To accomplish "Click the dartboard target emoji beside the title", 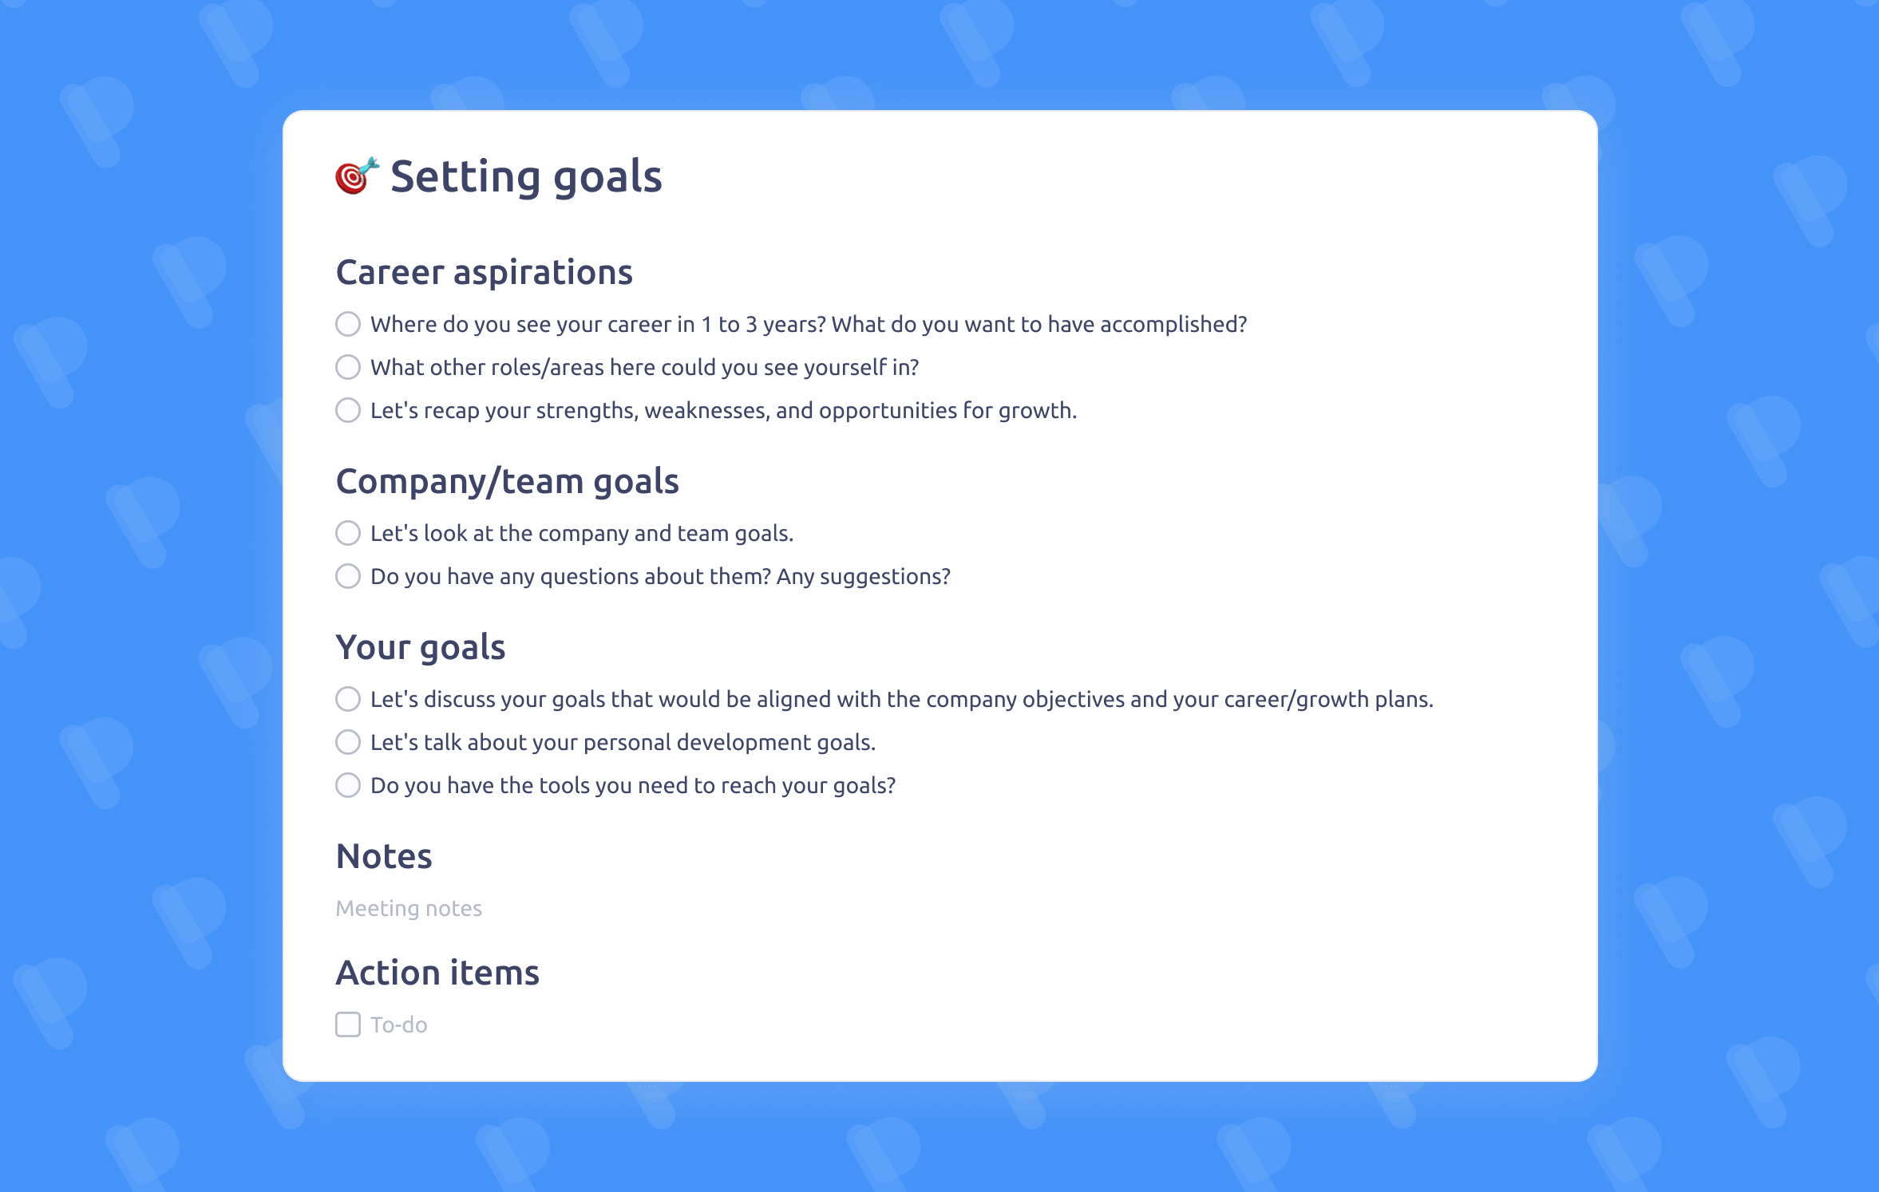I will pyautogui.click(x=355, y=176).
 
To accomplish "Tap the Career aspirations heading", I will pyautogui.click(x=484, y=273).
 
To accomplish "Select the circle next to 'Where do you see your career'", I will pyautogui.click(x=348, y=324).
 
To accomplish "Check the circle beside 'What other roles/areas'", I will pyautogui.click(x=348, y=367).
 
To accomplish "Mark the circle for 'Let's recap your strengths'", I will pyautogui.click(x=348, y=410).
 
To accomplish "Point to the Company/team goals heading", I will pyautogui.click(x=507, y=482).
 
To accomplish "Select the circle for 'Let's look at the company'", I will pyautogui.click(x=348, y=533).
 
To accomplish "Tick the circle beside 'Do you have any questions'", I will pyautogui.click(x=348, y=576).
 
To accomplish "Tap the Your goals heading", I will pyautogui.click(x=421, y=648).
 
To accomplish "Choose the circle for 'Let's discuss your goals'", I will pyautogui.click(x=348, y=699).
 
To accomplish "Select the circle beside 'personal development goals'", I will pyautogui.click(x=348, y=742).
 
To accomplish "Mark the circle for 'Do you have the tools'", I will pyautogui.click(x=348, y=785).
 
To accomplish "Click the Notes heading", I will pyautogui.click(x=384, y=857).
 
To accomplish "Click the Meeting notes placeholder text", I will pyautogui.click(x=409, y=909).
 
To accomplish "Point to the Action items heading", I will pyautogui.click(x=437, y=973).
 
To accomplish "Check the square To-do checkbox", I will pyautogui.click(x=348, y=1024).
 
